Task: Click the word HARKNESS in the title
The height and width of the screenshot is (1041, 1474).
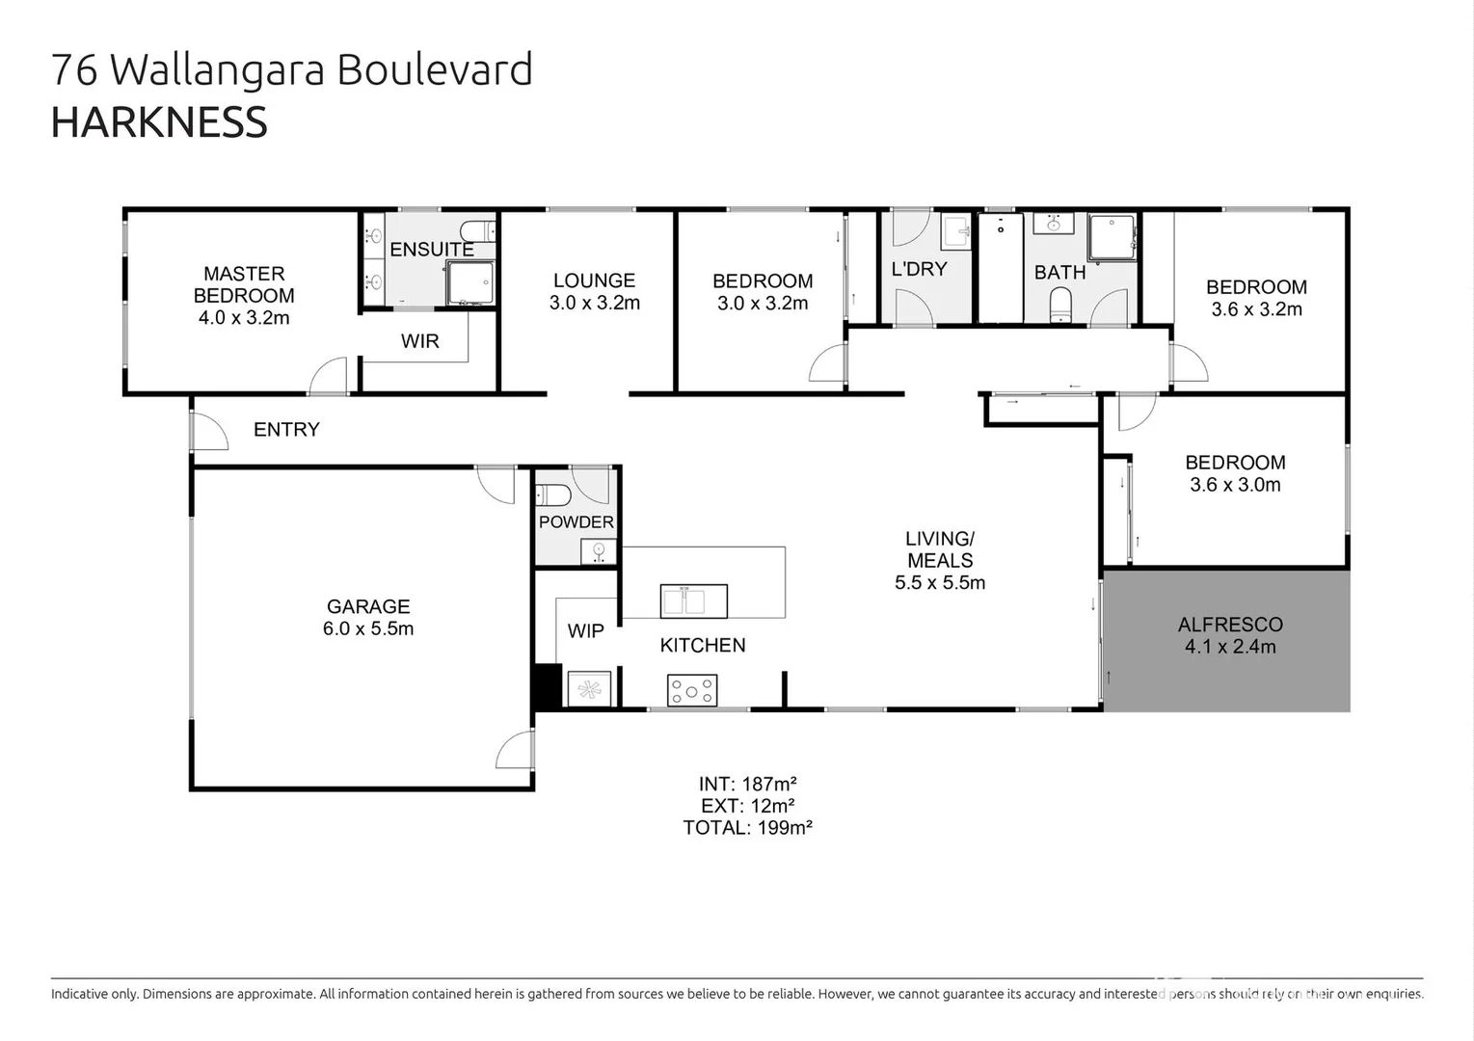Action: (x=159, y=123)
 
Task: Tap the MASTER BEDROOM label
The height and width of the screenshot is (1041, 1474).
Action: (x=244, y=284)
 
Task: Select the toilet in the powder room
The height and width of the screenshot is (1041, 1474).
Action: (x=553, y=495)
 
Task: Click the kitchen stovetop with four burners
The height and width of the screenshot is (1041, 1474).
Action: (x=692, y=690)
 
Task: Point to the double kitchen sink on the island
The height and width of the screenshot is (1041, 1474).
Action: (x=693, y=601)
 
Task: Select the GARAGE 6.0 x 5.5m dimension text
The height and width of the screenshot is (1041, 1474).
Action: (x=368, y=628)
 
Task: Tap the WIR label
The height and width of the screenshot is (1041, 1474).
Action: (x=419, y=341)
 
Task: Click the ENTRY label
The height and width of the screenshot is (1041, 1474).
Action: (x=286, y=430)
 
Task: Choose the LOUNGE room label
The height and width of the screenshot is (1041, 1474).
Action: (x=594, y=280)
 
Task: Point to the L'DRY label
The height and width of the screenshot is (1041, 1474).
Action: (x=919, y=269)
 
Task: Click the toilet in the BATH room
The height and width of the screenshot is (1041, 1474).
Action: (x=1060, y=305)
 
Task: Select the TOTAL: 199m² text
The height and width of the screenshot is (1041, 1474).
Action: (x=747, y=828)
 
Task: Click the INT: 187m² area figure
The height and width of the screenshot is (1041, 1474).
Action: (x=747, y=784)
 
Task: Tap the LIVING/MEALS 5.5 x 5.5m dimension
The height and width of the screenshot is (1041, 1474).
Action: (x=940, y=582)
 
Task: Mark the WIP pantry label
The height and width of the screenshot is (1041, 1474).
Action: (x=585, y=631)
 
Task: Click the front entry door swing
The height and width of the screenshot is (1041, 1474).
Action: (x=209, y=431)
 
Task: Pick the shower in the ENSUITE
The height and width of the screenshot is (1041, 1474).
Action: (x=469, y=282)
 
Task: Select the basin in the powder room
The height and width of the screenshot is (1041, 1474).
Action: (x=599, y=551)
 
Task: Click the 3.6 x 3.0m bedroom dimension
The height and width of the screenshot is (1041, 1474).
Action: (x=1235, y=485)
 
